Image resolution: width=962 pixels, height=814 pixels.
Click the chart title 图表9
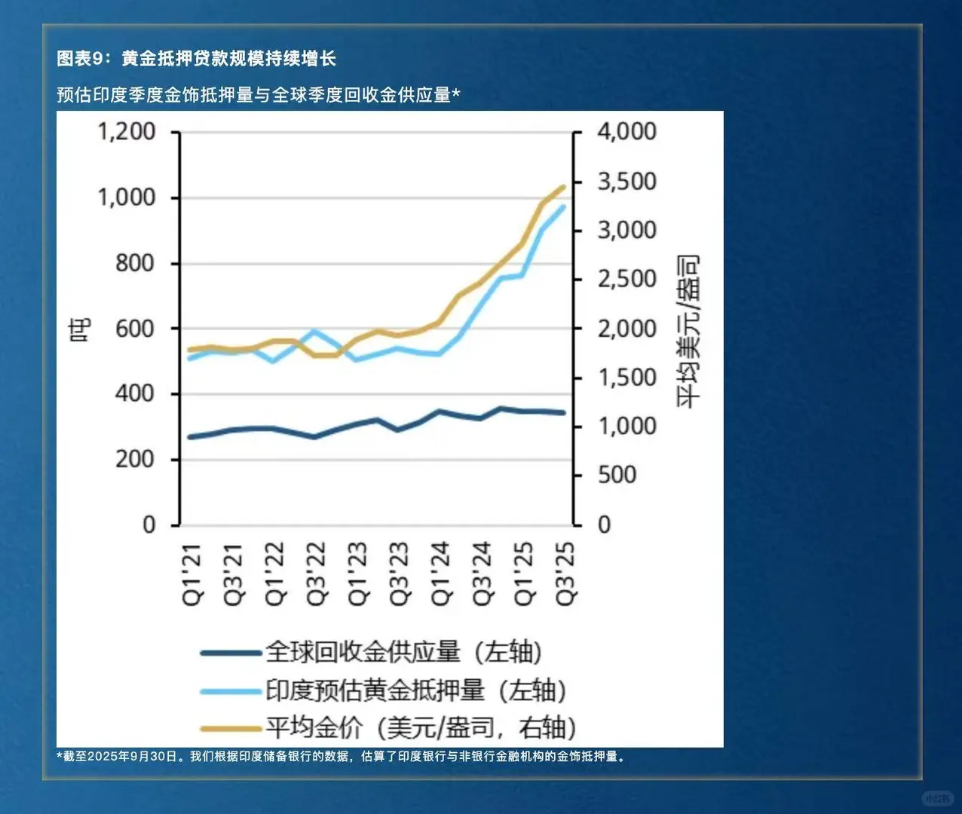pos(196,58)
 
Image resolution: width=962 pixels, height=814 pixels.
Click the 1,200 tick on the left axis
pos(127,132)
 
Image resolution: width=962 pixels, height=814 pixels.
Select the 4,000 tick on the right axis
pos(627,132)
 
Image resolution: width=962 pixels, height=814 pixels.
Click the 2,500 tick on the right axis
pos(627,279)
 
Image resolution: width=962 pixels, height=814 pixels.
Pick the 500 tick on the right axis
pos(617,475)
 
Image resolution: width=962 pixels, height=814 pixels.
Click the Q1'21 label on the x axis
pos(193,573)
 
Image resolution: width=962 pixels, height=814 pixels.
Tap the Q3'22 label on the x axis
pos(317,573)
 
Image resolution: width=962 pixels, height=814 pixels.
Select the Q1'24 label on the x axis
pos(442,573)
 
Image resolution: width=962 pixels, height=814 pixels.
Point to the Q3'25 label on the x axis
pos(565,573)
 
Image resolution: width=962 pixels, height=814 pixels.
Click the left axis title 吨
pos(80,329)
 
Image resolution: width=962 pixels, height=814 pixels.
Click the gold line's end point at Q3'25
pos(563,187)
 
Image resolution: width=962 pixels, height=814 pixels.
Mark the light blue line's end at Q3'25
pos(563,207)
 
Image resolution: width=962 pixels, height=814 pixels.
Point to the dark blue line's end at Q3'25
pos(563,412)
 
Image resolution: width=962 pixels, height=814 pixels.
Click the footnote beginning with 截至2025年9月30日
pos(343,756)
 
